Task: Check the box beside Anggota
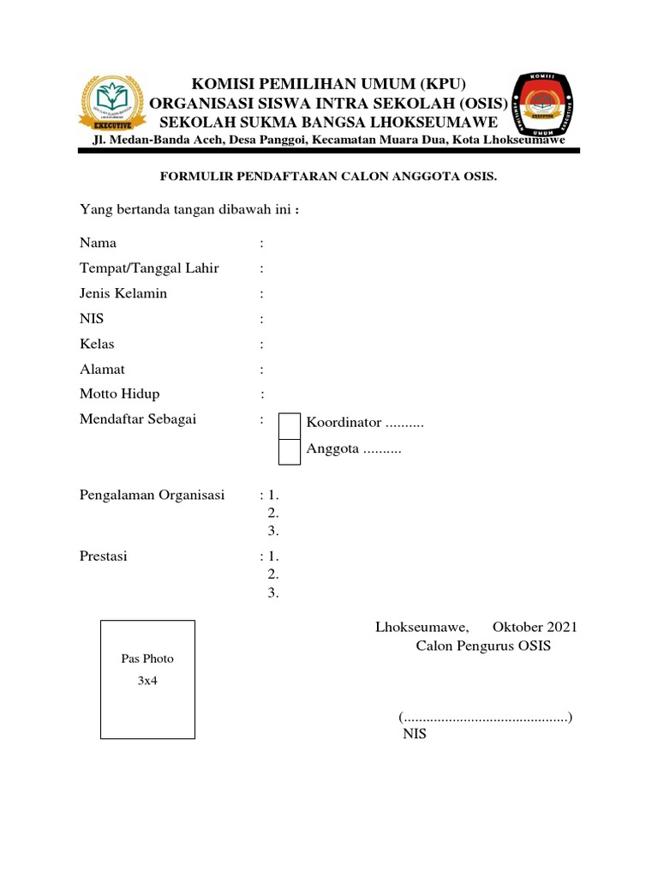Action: (x=290, y=451)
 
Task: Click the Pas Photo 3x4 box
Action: (x=147, y=678)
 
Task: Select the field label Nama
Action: (x=98, y=244)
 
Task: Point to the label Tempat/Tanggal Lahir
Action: (x=149, y=268)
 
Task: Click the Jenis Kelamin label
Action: (x=123, y=293)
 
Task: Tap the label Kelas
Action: (x=97, y=344)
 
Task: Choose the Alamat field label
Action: (x=102, y=369)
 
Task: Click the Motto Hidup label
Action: (x=119, y=394)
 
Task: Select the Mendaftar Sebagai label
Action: (x=138, y=419)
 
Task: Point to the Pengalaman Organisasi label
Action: (x=152, y=496)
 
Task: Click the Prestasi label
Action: (x=103, y=556)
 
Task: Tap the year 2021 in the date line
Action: (x=558, y=627)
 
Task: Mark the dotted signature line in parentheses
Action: (x=486, y=717)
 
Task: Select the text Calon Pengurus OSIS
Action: (x=483, y=646)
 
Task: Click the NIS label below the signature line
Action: (x=414, y=735)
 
